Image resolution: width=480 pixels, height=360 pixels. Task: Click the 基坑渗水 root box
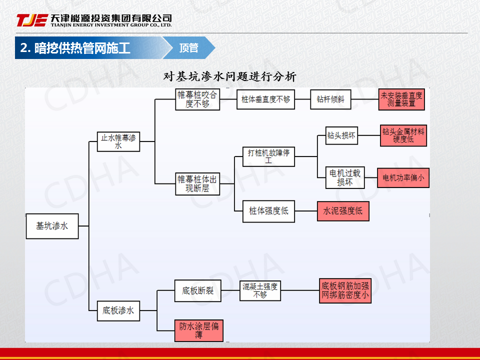point(52,226)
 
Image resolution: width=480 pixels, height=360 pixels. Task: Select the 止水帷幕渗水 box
point(118,141)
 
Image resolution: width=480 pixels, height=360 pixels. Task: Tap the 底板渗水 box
point(118,310)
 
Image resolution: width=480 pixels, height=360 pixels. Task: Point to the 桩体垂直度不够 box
point(265,99)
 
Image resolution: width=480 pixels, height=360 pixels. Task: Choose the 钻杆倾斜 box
point(330,99)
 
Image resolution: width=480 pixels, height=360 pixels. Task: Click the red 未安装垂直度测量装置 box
point(401,99)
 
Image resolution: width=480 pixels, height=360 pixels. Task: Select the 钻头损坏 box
point(341,135)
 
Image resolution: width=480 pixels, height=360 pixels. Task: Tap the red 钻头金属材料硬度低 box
point(403,135)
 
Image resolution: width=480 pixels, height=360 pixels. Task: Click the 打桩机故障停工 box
point(268,156)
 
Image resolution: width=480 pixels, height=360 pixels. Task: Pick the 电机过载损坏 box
point(345,177)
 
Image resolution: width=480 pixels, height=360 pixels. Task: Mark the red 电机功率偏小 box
point(403,177)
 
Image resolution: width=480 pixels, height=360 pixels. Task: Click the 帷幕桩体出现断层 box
point(197,184)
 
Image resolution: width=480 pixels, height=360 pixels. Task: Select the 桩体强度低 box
point(268,211)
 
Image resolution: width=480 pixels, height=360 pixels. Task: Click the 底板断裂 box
point(197,290)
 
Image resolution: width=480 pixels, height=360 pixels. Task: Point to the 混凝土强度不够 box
point(260,290)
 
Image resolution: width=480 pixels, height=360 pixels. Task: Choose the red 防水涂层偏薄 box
point(198,330)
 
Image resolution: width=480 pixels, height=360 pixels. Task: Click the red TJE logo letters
point(32,20)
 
